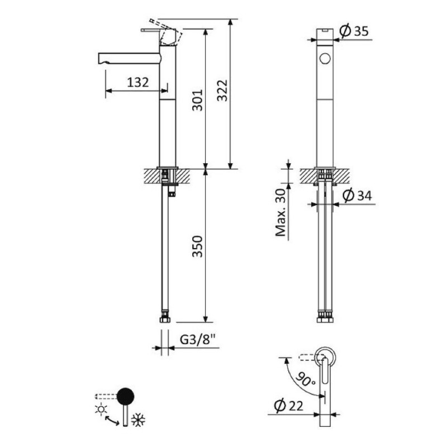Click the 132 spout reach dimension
(137, 82)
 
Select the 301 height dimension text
(197, 100)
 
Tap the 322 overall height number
(222, 91)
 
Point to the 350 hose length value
(197, 246)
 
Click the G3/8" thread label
(198, 339)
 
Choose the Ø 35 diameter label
(354, 31)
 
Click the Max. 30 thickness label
(280, 212)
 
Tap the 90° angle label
(305, 379)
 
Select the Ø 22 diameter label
(288, 406)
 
